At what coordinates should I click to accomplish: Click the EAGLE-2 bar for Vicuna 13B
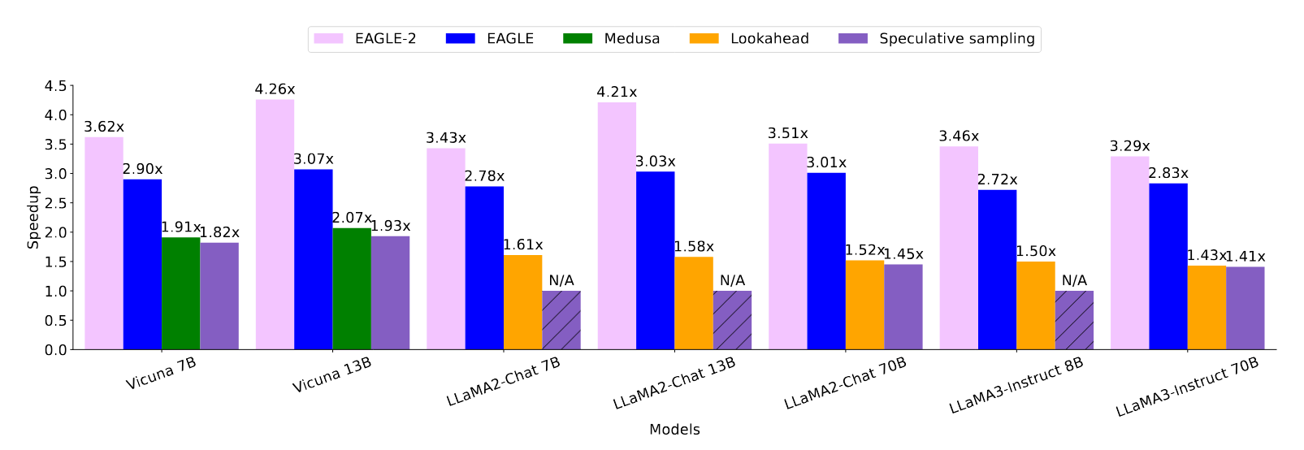pyautogui.click(x=275, y=224)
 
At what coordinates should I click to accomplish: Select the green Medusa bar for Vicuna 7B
pyautogui.click(x=180, y=293)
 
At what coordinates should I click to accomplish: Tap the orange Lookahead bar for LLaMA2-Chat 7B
pyautogui.click(x=522, y=302)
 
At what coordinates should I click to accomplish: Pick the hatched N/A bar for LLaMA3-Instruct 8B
pyautogui.click(x=1074, y=320)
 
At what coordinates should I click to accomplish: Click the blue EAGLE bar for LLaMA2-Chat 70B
pyautogui.click(x=826, y=261)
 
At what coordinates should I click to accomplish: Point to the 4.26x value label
pyautogui.click(x=275, y=89)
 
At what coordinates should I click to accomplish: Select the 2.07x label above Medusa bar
pyautogui.click(x=352, y=219)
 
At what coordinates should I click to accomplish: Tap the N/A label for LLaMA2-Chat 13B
pyautogui.click(x=732, y=281)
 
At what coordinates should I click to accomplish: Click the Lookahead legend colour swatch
pyautogui.click(x=704, y=39)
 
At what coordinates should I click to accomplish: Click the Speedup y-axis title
pyautogui.click(x=33, y=217)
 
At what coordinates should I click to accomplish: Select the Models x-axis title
pyautogui.click(x=674, y=430)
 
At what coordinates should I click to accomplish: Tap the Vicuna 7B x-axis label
pyautogui.click(x=161, y=374)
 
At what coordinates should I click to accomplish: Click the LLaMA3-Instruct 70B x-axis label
pyautogui.click(x=1187, y=387)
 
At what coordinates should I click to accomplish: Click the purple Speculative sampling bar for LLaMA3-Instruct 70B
pyautogui.click(x=1245, y=308)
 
